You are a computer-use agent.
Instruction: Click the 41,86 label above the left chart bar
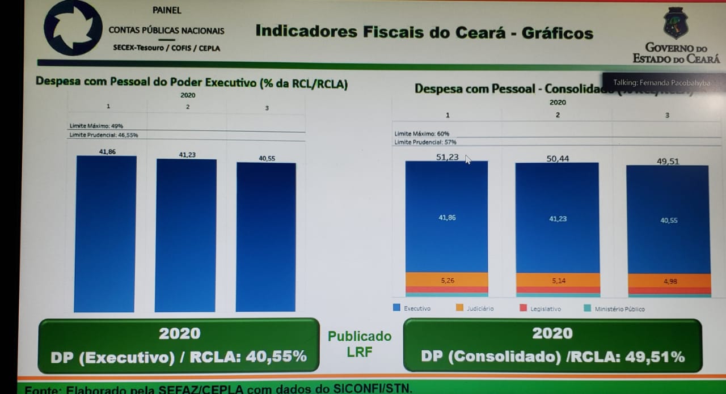pyautogui.click(x=107, y=151)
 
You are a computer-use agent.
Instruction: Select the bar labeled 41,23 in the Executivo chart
pyautogui.click(x=186, y=235)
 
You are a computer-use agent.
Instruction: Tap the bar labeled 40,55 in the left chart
pyautogui.click(x=266, y=237)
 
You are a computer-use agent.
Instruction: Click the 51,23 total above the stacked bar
pyautogui.click(x=447, y=157)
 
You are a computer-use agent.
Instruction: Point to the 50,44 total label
pyautogui.click(x=558, y=159)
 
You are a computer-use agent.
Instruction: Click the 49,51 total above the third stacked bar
pyautogui.click(x=668, y=161)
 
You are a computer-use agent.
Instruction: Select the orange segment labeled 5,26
pyautogui.click(x=447, y=279)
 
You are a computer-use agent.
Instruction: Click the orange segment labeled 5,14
pyautogui.click(x=558, y=280)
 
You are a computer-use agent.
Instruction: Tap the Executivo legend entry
pyautogui.click(x=412, y=308)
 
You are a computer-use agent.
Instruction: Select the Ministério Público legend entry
pyautogui.click(x=615, y=309)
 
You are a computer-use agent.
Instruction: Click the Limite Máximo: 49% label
pyautogui.click(x=96, y=126)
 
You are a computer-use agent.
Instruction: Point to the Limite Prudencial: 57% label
pyautogui.click(x=425, y=142)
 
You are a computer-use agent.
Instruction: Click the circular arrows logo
pyautogui.click(x=73, y=27)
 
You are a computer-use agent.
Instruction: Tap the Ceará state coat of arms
pyautogui.click(x=676, y=23)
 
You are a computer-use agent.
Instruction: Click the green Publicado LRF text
pyautogui.click(x=360, y=344)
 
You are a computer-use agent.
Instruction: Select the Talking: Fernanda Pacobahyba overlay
pyautogui.click(x=661, y=83)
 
